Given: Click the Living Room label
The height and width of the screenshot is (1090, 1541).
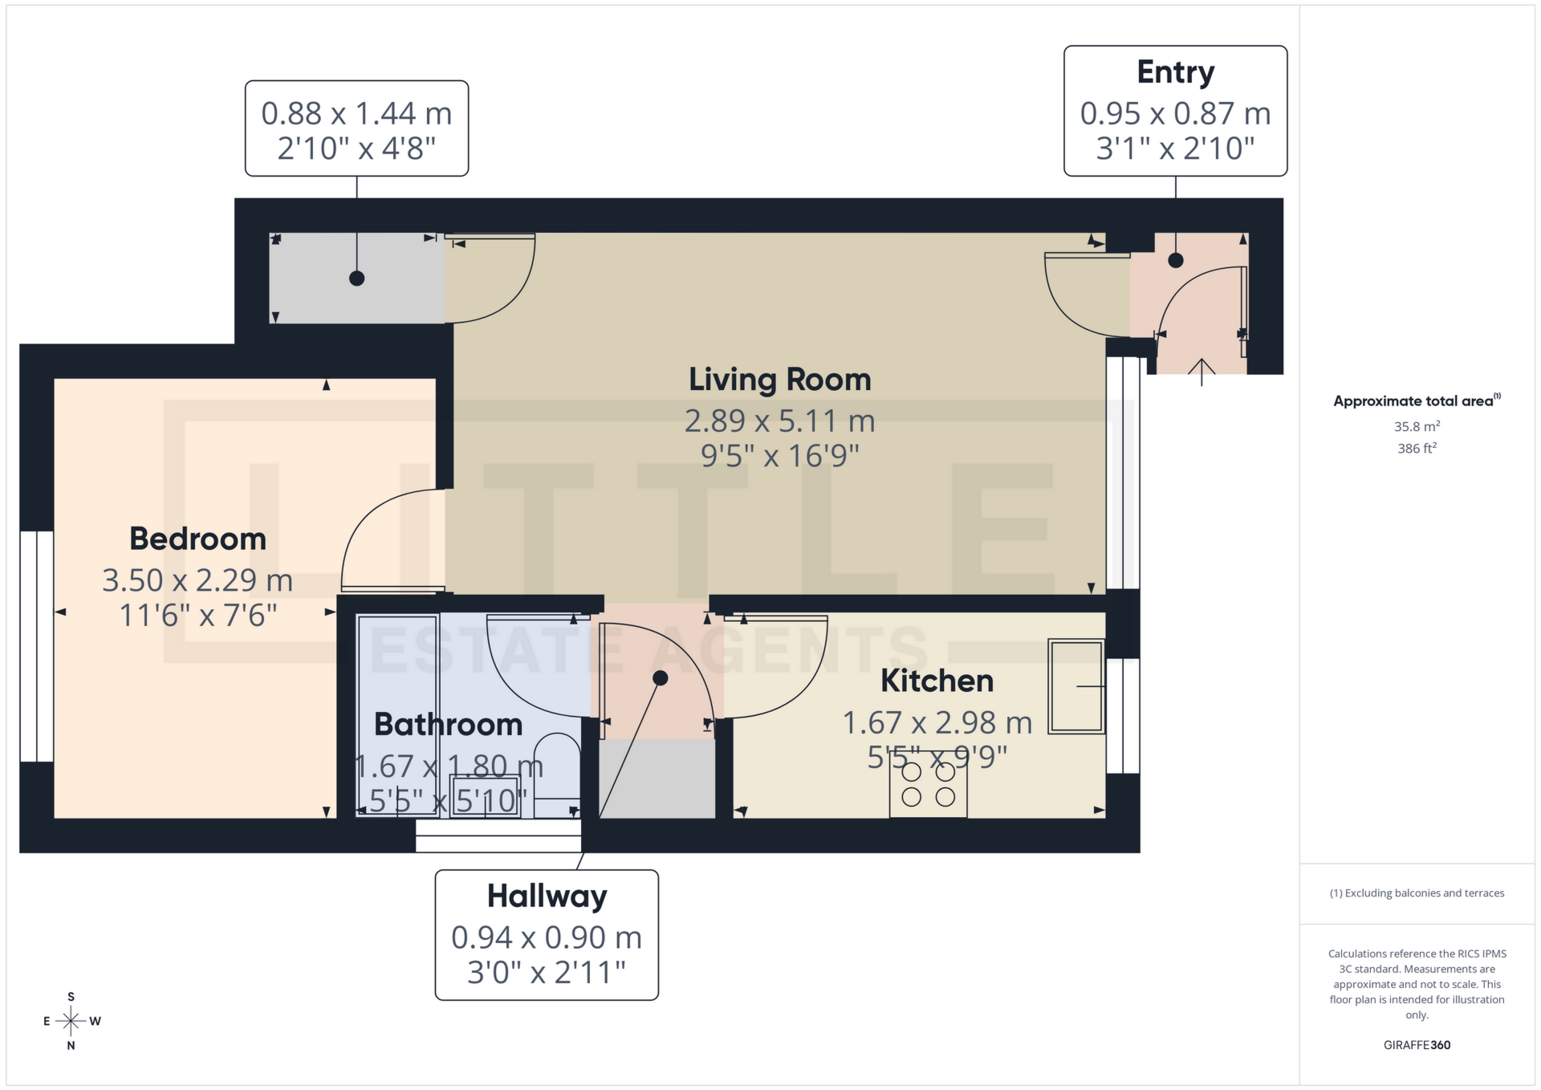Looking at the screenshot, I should point(779,380).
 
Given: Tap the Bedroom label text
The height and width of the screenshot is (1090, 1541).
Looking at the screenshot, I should point(197,539).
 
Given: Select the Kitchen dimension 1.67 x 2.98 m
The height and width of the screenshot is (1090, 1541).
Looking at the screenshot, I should point(937,722).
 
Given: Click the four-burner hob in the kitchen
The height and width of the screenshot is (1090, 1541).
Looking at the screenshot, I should point(928,785).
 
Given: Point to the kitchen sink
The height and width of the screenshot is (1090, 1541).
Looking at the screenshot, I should point(1075,686).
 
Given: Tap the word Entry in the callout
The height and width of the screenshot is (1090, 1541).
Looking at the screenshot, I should point(1175,72).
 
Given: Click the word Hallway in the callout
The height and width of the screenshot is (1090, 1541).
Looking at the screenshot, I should point(547,896).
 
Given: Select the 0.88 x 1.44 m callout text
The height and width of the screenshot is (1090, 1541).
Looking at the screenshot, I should point(356,113).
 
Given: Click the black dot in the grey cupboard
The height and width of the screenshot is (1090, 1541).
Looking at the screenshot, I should point(357,279).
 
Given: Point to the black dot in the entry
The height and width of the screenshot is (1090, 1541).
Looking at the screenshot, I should point(1175,260).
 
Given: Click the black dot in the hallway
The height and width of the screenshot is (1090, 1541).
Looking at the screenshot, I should point(660,678).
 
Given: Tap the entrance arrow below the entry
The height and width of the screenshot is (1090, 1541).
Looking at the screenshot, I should point(1201,371).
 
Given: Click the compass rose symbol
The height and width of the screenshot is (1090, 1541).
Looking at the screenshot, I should point(71,1021).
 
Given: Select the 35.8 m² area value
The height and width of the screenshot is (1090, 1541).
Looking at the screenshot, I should point(1417,426).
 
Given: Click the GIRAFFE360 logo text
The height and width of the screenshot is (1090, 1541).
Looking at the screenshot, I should point(1417,1045).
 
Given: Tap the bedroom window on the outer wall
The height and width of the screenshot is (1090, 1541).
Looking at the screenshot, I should point(37,646).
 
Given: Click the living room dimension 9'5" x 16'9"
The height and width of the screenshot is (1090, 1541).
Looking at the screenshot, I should point(779,456).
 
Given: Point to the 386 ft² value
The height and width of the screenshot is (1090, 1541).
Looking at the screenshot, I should point(1417,448).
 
